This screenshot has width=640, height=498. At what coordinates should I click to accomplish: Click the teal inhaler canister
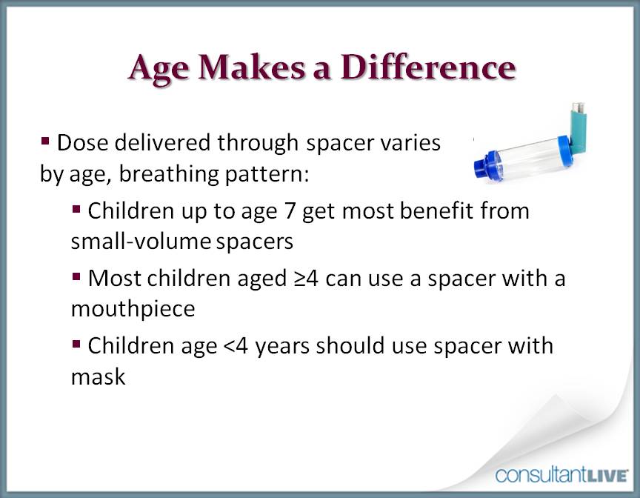coord(578,122)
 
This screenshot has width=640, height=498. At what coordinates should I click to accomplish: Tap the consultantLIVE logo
coord(561,475)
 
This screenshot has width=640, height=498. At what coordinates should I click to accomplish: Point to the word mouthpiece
coord(133,309)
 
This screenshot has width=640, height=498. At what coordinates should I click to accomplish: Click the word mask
coord(98,376)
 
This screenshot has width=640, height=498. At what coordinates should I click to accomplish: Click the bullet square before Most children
coord(76,276)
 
